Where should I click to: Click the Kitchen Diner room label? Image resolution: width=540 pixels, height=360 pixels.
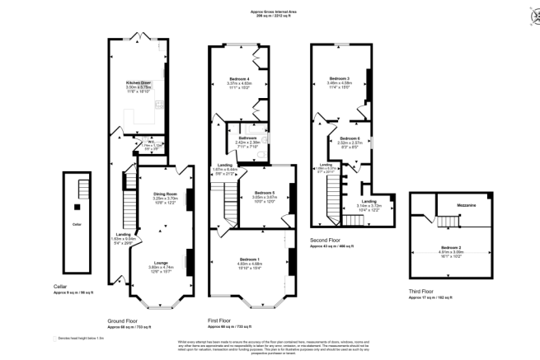[138, 82]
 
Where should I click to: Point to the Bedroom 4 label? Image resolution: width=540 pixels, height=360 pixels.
[238, 77]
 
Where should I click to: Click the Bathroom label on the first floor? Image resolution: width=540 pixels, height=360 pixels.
[247, 138]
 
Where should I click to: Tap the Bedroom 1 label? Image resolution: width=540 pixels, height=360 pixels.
[251, 259]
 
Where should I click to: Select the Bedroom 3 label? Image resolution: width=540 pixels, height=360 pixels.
[339, 77]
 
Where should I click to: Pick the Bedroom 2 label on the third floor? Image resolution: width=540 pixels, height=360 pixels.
[450, 247]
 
